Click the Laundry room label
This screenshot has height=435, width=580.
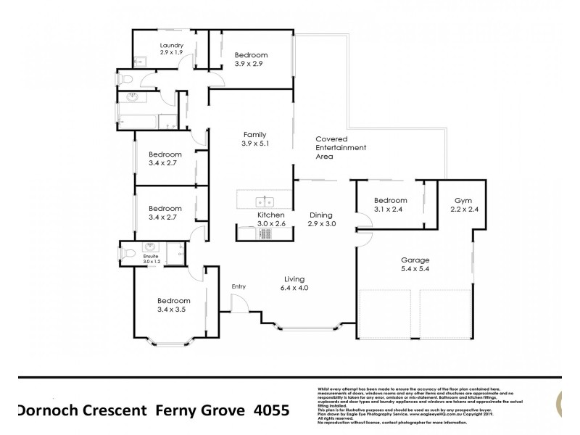(x=172, y=45)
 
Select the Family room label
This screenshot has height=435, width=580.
(x=254, y=134)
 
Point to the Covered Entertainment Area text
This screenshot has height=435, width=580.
(x=341, y=147)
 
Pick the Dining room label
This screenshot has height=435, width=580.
(x=320, y=215)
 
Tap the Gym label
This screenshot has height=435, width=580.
(x=463, y=200)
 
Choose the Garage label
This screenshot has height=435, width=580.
(x=416, y=260)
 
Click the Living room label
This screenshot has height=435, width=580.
(x=294, y=279)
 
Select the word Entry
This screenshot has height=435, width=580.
(x=239, y=286)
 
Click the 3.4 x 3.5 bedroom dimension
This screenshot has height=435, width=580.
(x=173, y=310)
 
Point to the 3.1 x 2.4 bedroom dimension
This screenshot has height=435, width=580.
(x=390, y=210)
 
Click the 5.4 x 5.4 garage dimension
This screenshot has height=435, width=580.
(x=416, y=269)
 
